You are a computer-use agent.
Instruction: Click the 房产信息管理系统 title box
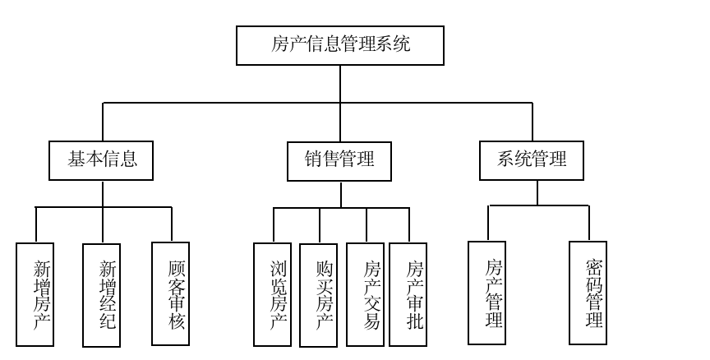coord(339,45)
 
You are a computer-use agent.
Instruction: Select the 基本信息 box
coord(101,160)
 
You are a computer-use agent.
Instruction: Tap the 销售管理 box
coord(339,160)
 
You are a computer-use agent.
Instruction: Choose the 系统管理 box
coord(531,160)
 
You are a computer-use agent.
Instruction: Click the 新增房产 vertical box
coord(35,294)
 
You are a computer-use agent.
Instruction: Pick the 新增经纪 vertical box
coord(101,294)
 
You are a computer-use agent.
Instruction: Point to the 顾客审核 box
coord(170,293)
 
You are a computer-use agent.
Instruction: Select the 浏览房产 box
coord(272,293)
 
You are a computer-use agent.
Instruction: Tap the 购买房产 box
coord(318,293)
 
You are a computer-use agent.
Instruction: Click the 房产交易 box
coord(365,293)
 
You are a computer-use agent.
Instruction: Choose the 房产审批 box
coord(408,293)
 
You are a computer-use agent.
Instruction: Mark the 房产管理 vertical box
coord(486,293)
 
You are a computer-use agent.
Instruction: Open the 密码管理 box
coord(588,293)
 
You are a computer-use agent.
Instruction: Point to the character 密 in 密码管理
coord(595,268)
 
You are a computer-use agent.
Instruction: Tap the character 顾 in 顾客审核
coord(177,269)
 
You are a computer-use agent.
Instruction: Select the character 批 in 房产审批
coord(416,320)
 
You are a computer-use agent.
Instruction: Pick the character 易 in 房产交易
coord(372,320)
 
